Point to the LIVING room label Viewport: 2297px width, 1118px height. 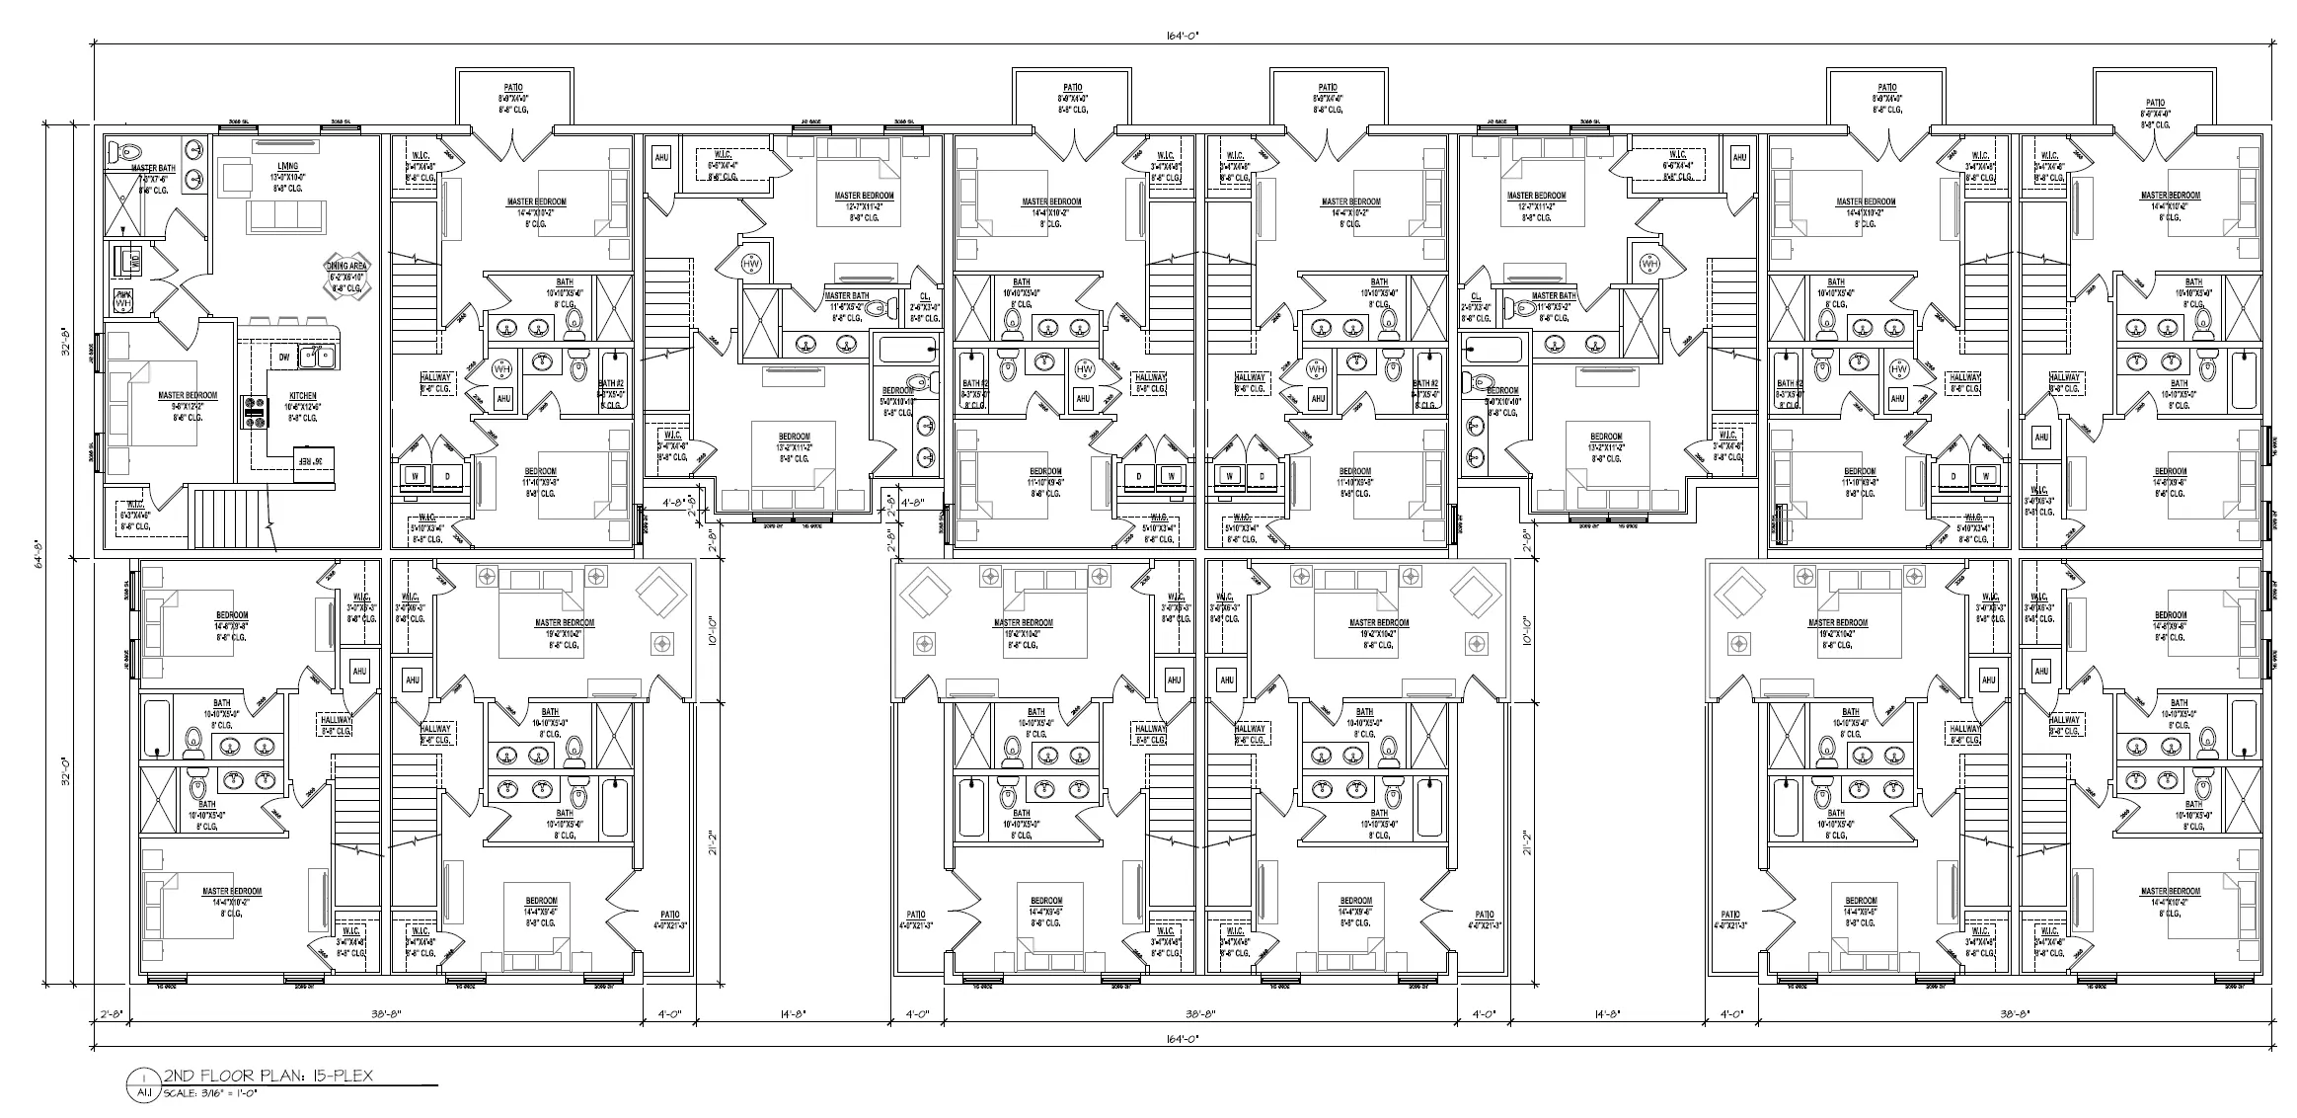(288, 167)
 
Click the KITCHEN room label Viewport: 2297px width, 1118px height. (302, 396)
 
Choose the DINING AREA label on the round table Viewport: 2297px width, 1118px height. (347, 268)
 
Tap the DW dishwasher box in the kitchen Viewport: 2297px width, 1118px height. (283, 358)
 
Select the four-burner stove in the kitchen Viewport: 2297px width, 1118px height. (255, 412)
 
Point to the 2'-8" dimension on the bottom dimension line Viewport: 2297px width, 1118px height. (111, 1013)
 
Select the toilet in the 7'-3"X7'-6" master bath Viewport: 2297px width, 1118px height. (126, 152)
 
